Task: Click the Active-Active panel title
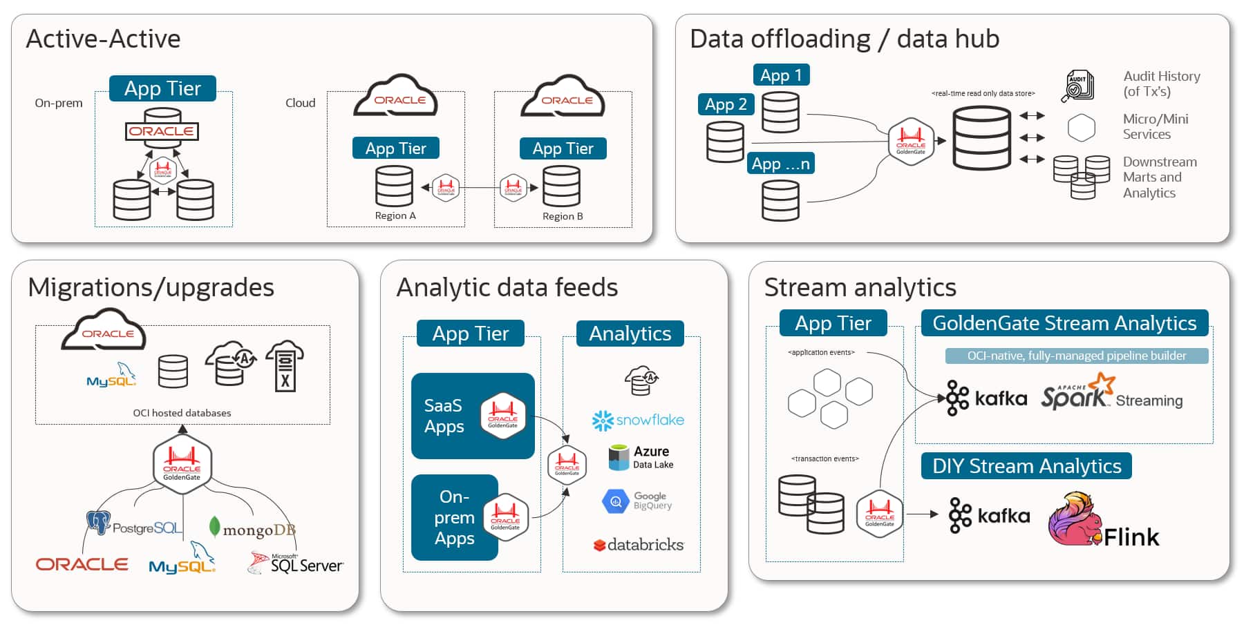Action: coord(103,39)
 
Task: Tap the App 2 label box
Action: coord(726,104)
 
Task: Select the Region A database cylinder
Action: coord(394,186)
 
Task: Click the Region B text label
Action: coord(563,216)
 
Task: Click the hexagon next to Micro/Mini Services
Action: coord(1081,128)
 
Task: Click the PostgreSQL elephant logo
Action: coord(98,523)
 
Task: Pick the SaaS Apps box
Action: coord(473,416)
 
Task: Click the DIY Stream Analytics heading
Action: coord(1026,466)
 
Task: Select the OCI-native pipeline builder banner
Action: coord(1076,356)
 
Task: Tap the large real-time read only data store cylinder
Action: coord(981,138)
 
